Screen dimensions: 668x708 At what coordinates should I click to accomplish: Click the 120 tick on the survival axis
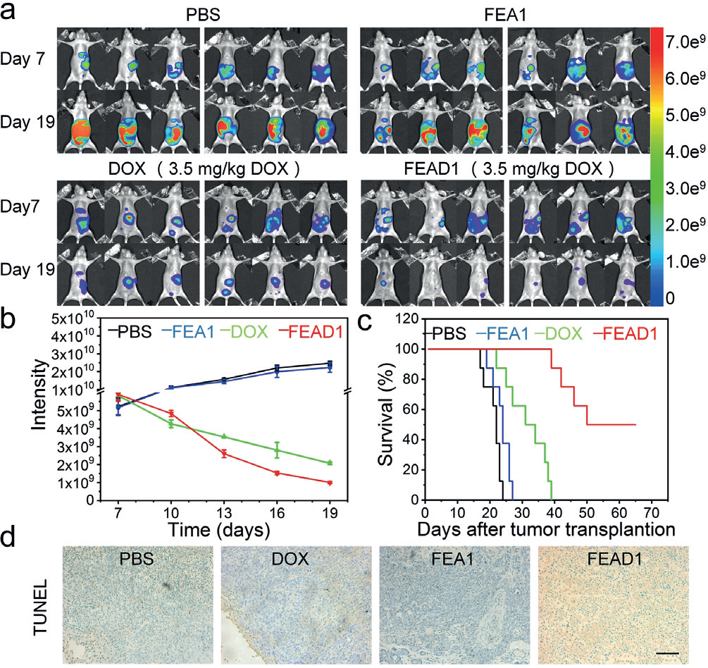click(x=409, y=318)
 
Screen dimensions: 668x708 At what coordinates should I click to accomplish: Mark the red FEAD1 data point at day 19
click(x=329, y=483)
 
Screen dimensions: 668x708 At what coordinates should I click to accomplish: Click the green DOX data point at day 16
click(x=277, y=449)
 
